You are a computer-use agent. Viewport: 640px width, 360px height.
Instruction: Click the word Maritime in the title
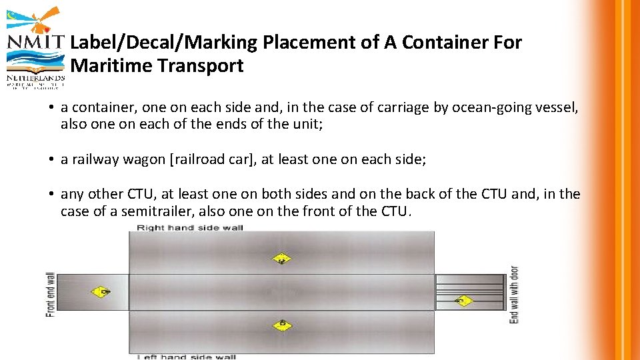(x=105, y=66)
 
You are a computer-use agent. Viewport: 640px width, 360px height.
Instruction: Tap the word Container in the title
(x=443, y=43)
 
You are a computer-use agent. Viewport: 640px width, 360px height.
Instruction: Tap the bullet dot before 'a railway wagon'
(x=51, y=159)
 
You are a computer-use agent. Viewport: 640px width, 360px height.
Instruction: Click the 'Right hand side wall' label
(x=190, y=228)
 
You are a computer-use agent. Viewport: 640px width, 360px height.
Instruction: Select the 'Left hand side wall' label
(x=187, y=357)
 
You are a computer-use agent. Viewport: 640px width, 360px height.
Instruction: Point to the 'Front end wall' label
(x=51, y=294)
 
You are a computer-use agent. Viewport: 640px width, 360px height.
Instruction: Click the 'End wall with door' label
(x=513, y=294)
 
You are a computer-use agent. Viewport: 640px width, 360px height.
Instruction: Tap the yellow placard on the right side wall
(x=282, y=259)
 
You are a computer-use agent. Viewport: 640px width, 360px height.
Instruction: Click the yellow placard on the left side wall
(x=282, y=325)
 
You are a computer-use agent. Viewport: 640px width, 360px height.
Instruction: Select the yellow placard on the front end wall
(x=102, y=291)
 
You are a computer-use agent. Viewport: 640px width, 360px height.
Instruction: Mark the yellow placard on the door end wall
(x=463, y=301)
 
